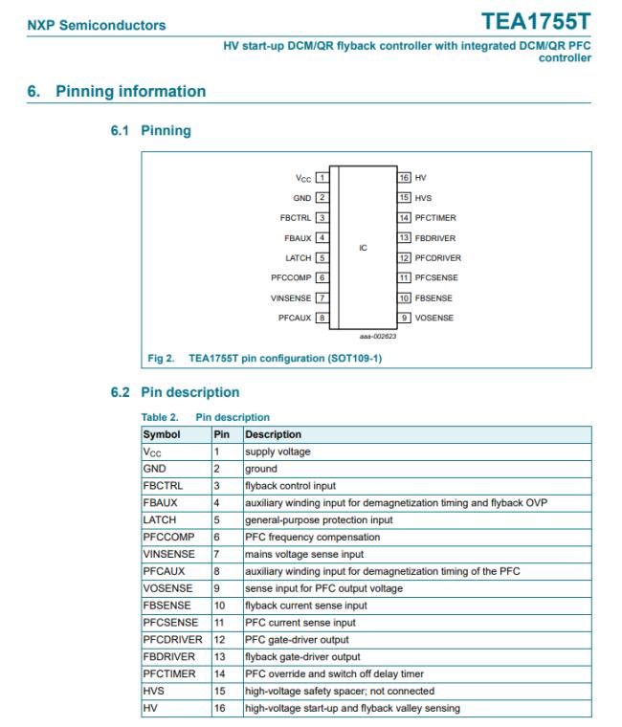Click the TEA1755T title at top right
point(538,21)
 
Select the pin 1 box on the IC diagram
point(322,177)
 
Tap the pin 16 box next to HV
point(404,177)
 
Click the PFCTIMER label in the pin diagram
point(435,217)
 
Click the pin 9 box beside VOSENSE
point(404,317)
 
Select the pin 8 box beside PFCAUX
point(322,317)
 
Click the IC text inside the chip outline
point(363,247)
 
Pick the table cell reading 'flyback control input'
point(290,485)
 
